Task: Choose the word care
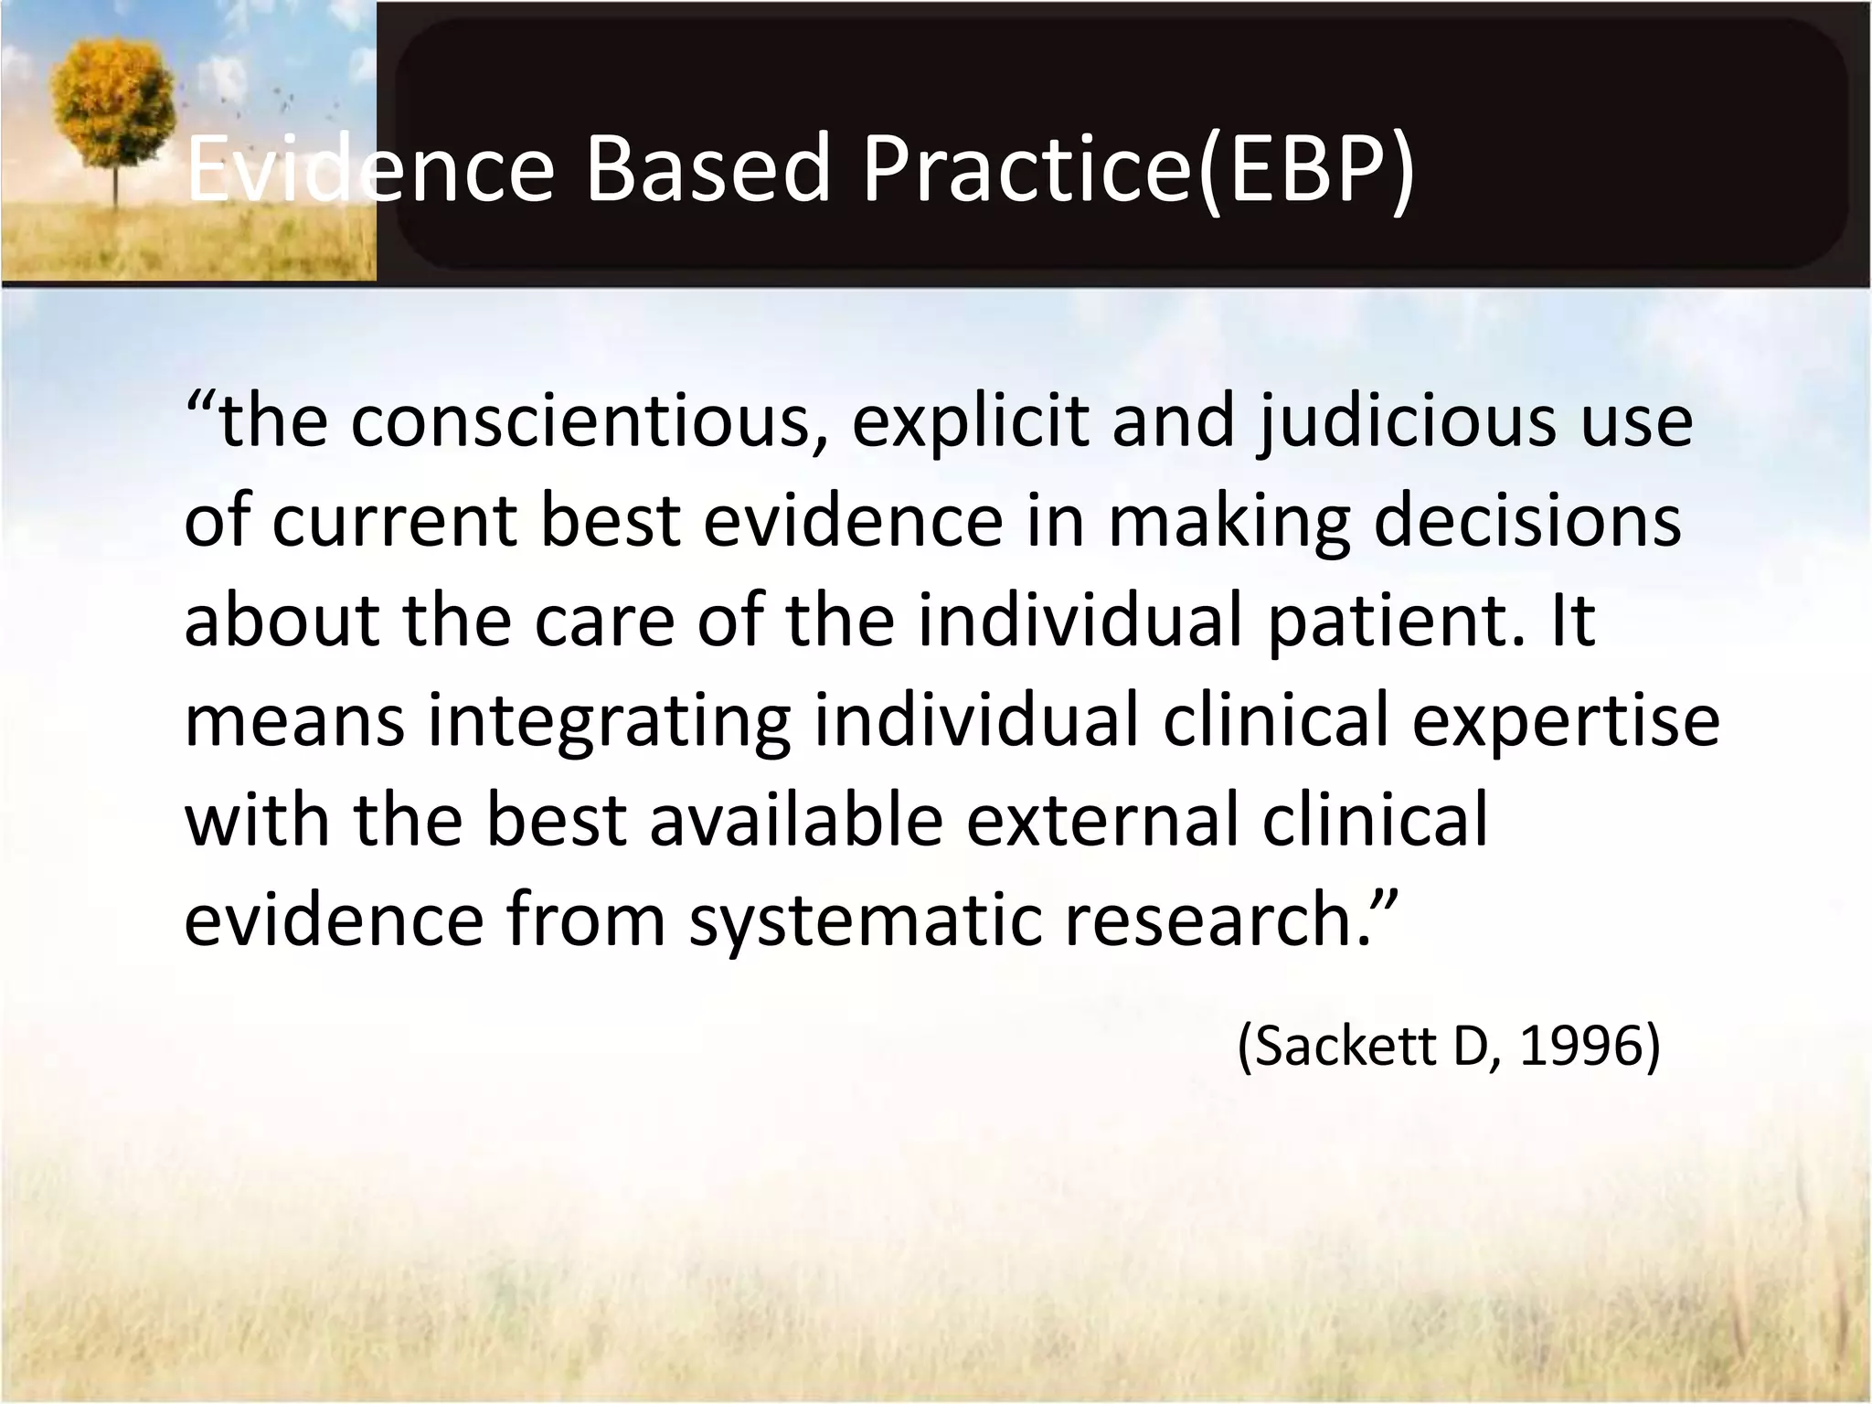click(604, 621)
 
